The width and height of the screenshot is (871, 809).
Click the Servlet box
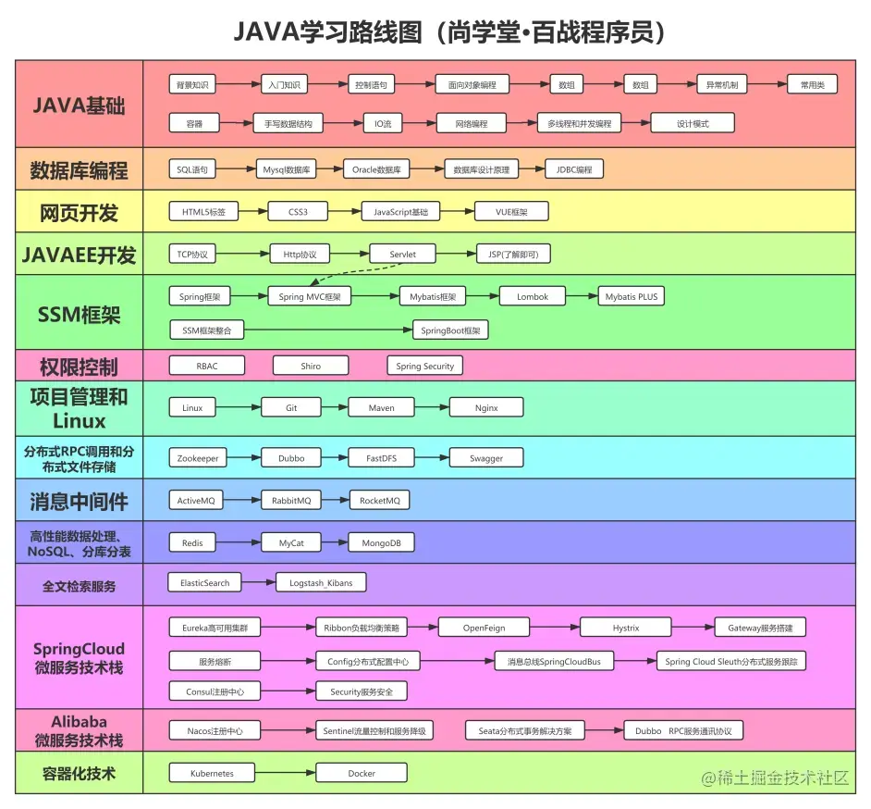click(x=403, y=254)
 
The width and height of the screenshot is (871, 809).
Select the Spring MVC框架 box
click(x=310, y=297)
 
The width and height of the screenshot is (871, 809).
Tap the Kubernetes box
click(x=212, y=773)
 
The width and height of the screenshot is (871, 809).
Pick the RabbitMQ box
click(x=291, y=501)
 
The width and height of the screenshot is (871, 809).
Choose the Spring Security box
click(x=424, y=366)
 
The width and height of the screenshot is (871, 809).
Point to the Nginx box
click(x=486, y=407)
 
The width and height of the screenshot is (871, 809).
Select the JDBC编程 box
click(x=574, y=169)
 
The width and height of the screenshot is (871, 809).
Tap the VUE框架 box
click(x=510, y=212)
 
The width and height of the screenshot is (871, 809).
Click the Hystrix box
click(x=626, y=628)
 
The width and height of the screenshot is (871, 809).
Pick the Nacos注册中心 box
click(x=208, y=730)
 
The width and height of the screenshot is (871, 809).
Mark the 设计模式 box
click(x=693, y=123)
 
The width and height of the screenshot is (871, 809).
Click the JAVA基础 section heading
click(x=79, y=103)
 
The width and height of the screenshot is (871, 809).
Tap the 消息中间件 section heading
click(x=79, y=502)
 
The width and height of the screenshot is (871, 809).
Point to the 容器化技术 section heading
click(x=79, y=773)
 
